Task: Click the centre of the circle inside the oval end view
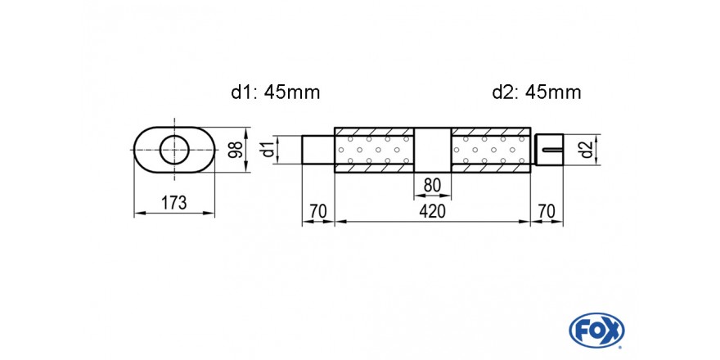174,150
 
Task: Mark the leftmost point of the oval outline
133,150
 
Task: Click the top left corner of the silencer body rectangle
335,127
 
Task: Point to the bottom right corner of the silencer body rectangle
531,173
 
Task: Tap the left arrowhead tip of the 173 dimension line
134,213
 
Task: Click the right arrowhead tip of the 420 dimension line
530,222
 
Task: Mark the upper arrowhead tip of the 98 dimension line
246,128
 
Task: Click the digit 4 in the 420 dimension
424,211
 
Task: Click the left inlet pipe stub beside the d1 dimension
318,150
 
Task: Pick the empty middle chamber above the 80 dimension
433,150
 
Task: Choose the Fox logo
596,331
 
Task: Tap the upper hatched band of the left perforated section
375,132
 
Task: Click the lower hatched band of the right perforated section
491,168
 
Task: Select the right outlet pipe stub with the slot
549,150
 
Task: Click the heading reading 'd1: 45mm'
276,92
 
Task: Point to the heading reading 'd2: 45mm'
537,92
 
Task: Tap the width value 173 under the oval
174,203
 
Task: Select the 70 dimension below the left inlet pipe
317,211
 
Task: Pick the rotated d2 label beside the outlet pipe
585,150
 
